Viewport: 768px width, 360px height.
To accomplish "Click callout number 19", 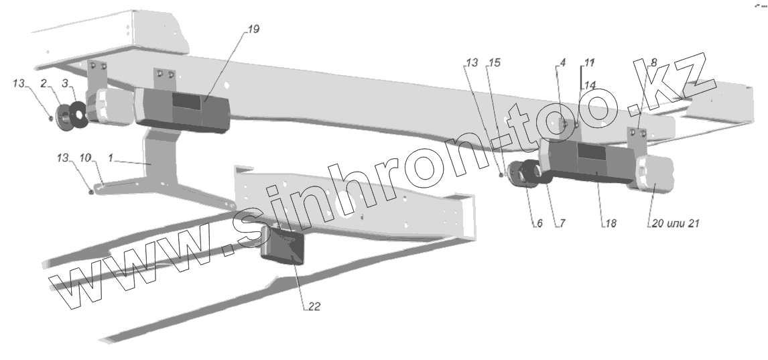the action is (x=252, y=30).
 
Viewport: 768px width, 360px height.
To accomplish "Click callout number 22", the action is (x=314, y=308).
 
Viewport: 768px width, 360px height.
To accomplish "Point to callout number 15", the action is (x=495, y=62).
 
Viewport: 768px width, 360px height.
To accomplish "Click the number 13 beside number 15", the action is (x=472, y=62).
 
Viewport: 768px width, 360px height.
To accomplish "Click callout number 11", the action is (x=589, y=62).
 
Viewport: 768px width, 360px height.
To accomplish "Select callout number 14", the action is (x=590, y=85).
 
